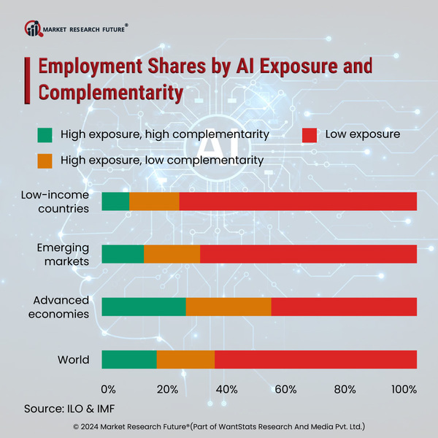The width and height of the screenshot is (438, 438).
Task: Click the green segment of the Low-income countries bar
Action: click(115, 201)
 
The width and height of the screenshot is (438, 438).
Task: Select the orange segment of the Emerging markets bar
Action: click(172, 254)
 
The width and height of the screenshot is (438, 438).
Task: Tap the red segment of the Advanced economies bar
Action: click(343, 307)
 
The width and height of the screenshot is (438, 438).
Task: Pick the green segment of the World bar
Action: click(128, 359)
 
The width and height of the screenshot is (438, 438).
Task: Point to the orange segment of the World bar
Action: click(185, 359)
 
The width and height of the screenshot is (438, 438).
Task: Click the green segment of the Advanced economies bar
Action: click(143, 307)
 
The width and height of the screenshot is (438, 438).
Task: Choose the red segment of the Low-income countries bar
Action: click(298, 201)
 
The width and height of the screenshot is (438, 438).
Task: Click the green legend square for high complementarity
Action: click(45, 135)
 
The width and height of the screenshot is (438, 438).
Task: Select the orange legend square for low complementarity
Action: click(45, 160)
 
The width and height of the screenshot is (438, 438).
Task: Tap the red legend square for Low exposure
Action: click(309, 135)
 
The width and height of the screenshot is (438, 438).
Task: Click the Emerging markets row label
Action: click(63, 254)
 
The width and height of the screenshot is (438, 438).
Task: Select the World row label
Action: click(73, 360)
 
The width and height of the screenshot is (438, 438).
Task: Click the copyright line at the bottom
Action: click(219, 426)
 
